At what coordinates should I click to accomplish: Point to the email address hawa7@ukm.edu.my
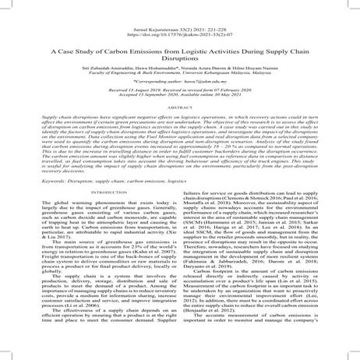click(x=196, y=101)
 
